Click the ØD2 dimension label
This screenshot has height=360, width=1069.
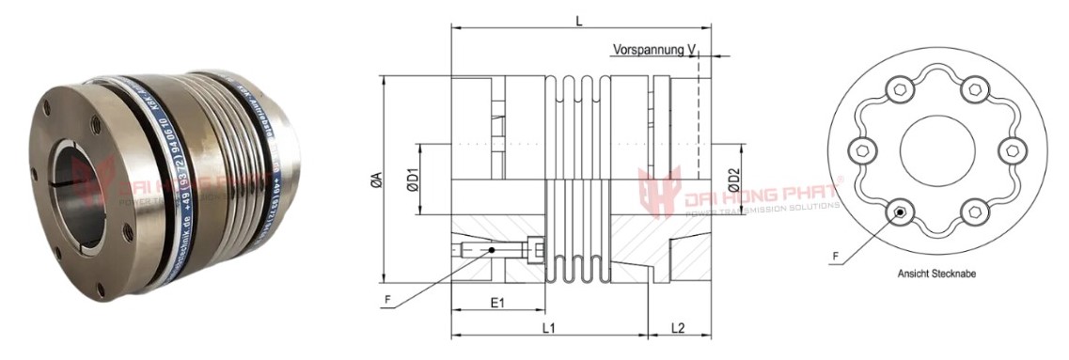(734, 179)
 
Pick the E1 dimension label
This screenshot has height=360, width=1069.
(497, 304)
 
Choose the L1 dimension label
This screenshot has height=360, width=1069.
(550, 328)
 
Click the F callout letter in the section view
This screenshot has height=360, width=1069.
(387, 300)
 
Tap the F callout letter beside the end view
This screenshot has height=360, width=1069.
(836, 255)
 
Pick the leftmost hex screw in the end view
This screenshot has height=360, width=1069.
(858, 151)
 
